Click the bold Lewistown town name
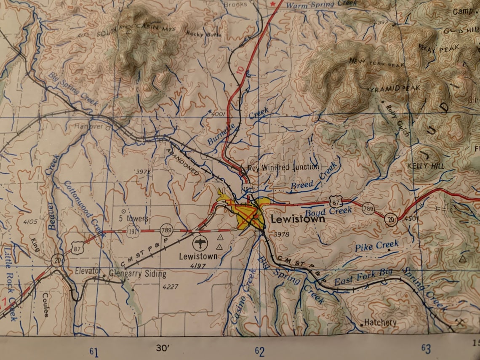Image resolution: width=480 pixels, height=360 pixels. point(298,219)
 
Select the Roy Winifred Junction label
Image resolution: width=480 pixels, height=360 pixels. point(283,167)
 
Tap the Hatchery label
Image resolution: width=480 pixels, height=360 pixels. point(380,323)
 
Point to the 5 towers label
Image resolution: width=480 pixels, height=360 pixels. point(133,219)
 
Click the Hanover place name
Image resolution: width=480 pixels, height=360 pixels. point(88,126)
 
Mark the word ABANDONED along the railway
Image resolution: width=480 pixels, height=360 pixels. point(182,161)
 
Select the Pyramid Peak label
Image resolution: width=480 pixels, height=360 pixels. point(387,89)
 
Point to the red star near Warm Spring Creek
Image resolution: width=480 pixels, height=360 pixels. point(274,4)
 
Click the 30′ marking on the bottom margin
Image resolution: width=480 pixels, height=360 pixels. point(163,348)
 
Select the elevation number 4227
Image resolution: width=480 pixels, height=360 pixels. point(170,287)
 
